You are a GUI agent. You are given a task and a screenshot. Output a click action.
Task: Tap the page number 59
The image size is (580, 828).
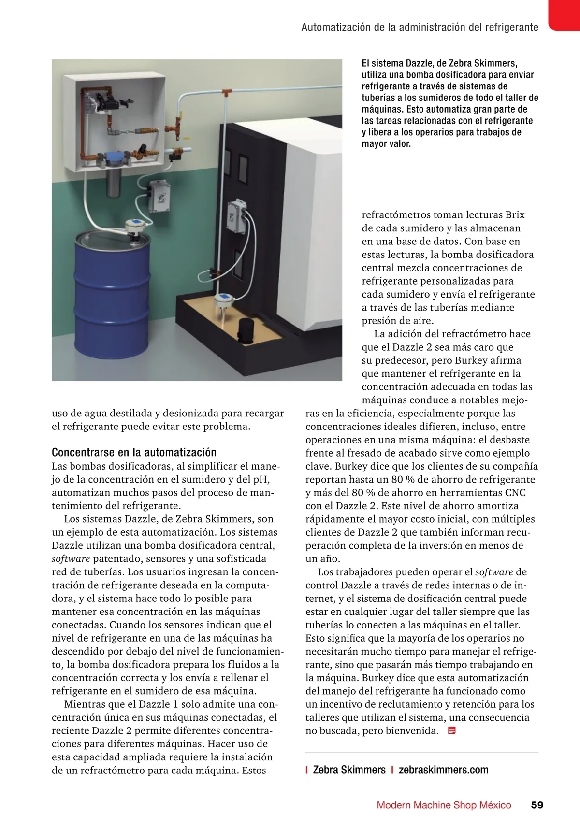(537, 805)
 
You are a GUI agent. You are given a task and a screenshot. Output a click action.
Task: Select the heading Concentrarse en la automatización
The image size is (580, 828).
(134, 452)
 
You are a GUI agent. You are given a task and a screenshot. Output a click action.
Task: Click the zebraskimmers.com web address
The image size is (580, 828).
(443, 770)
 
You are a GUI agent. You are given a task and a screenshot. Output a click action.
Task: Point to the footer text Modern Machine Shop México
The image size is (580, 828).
(444, 805)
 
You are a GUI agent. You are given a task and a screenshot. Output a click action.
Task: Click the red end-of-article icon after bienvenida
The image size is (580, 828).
(452, 730)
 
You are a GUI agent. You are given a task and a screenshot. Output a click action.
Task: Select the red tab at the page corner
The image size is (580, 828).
(565, 14)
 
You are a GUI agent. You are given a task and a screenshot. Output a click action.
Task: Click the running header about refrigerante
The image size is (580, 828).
(420, 27)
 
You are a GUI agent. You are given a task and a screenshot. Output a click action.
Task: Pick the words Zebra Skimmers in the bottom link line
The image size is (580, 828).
(349, 770)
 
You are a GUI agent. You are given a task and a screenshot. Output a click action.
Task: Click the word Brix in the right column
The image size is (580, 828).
(515, 215)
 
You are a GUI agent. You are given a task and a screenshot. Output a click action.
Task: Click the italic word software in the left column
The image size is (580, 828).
(71, 558)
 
